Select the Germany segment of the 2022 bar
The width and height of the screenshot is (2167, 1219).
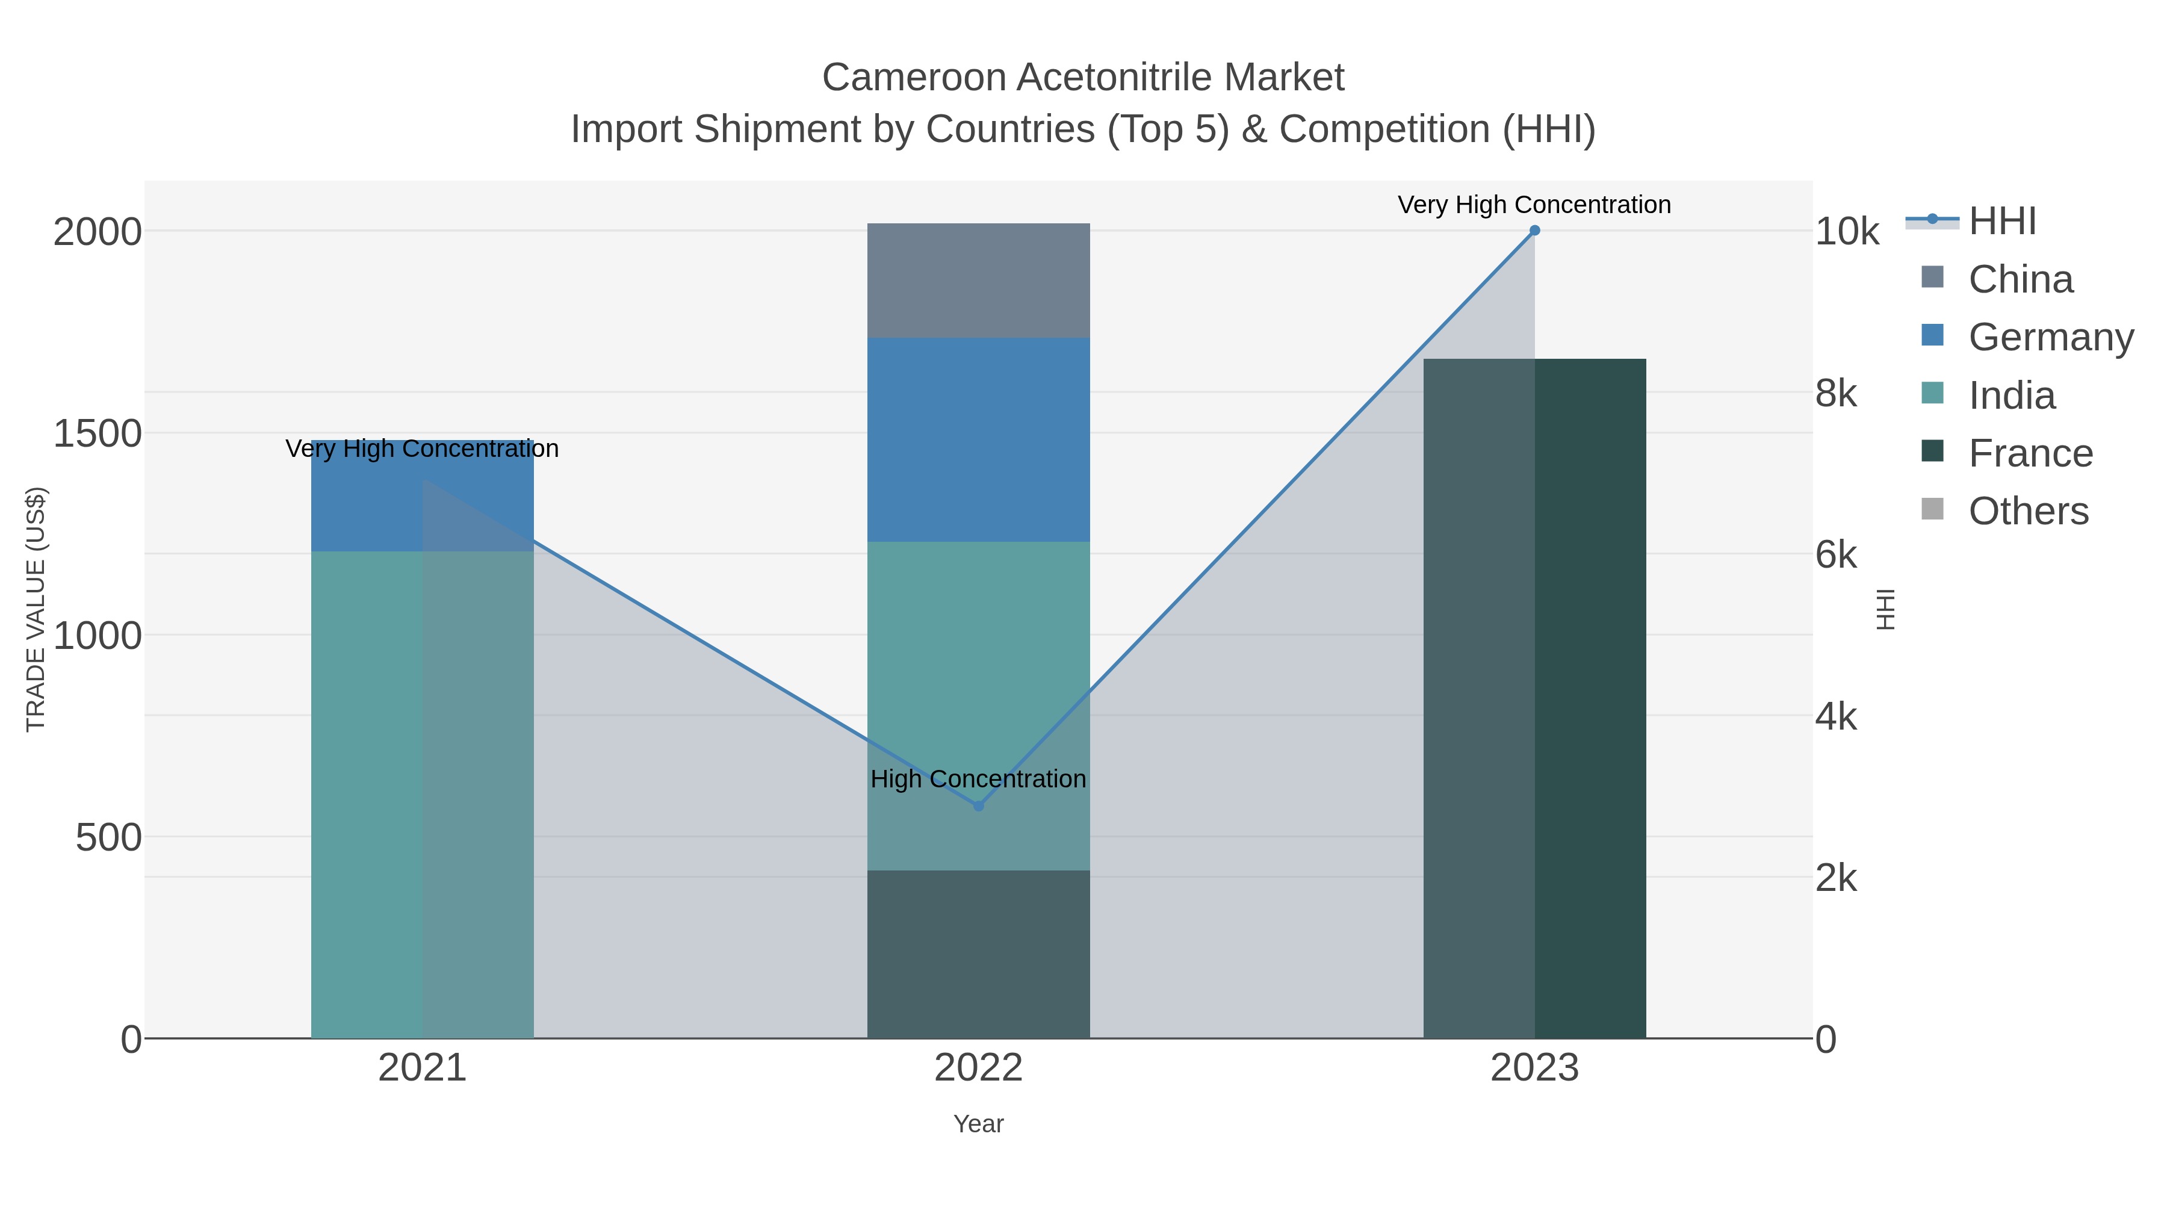coord(978,439)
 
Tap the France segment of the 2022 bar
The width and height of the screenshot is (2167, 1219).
coord(978,954)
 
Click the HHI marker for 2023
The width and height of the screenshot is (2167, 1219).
coord(1534,231)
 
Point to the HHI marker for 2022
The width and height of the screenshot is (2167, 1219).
coord(978,806)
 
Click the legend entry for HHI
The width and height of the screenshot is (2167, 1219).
coord(2002,222)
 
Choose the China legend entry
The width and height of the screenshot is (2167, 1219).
coord(2020,279)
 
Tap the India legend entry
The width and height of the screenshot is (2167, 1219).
coord(2011,395)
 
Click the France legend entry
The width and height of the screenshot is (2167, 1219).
coord(2030,453)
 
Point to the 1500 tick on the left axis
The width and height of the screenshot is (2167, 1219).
coord(98,434)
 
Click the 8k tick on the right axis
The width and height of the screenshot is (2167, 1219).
coord(1835,394)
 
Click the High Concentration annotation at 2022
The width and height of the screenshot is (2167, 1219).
coord(978,779)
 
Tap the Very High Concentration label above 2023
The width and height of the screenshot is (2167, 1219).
coord(1534,205)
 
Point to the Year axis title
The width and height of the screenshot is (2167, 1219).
coord(978,1124)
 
